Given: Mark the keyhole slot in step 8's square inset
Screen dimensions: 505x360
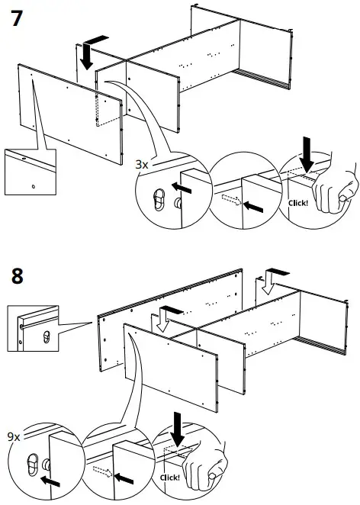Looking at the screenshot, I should (47, 336).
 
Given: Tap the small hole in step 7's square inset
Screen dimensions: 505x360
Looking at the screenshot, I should (33, 185).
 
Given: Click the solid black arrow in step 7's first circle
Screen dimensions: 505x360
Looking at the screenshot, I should (182, 188).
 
